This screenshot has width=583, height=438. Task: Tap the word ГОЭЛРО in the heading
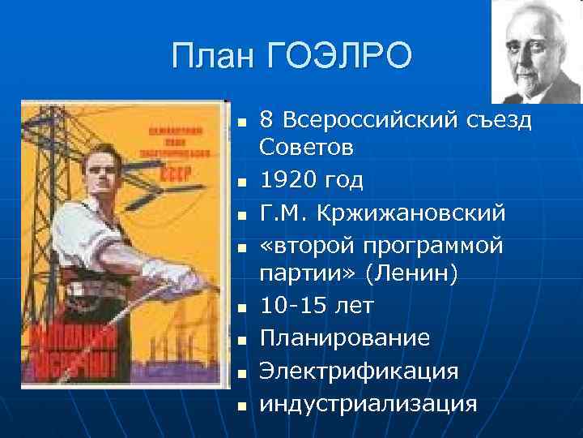[x=339, y=57]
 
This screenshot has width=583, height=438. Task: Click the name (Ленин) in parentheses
[x=411, y=276]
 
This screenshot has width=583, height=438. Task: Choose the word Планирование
[x=345, y=339]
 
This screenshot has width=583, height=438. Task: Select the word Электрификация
[x=359, y=371]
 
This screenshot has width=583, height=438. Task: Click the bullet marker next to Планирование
[x=242, y=341]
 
